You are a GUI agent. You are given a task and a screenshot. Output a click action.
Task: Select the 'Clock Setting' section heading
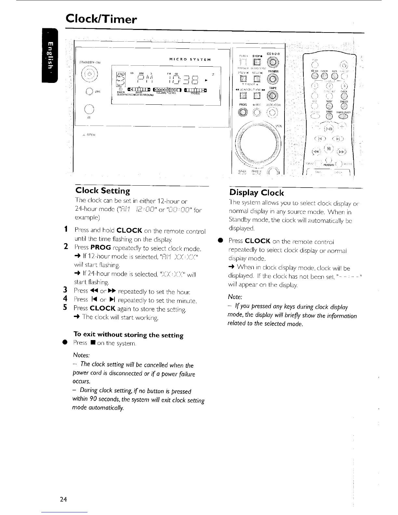pos(102,191)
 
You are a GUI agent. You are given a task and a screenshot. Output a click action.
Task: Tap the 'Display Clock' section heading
pos(257,192)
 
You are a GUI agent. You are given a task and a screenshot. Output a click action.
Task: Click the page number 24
pos(63,499)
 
